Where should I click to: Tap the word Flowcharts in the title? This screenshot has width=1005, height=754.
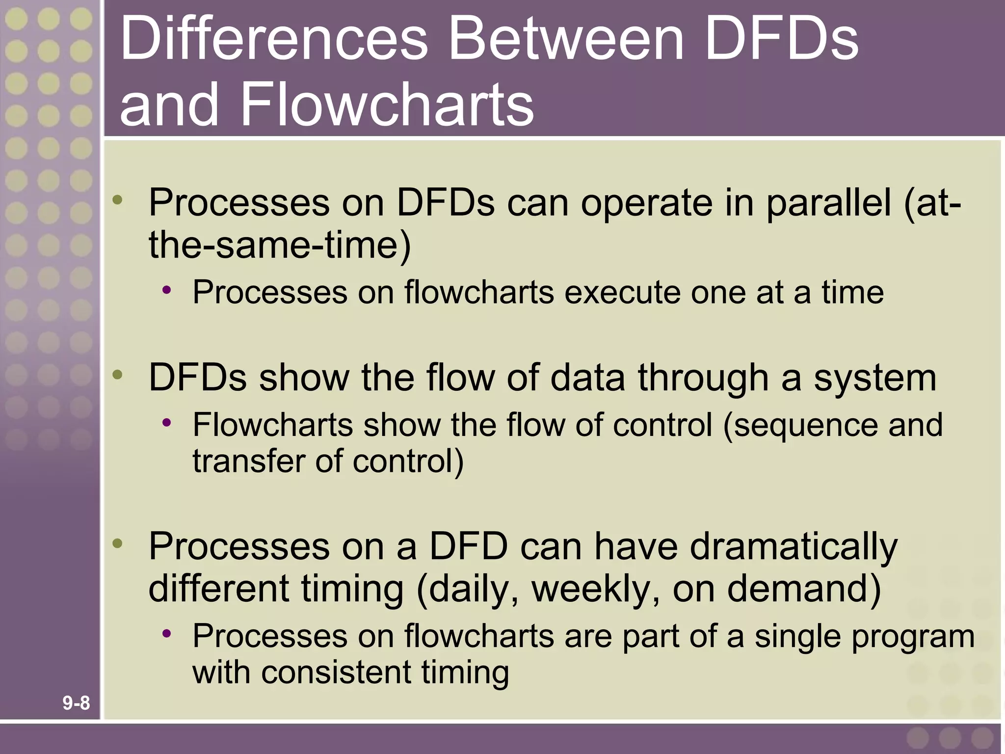386,104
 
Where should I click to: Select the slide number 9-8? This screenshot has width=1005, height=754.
76,703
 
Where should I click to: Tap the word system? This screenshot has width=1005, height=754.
875,378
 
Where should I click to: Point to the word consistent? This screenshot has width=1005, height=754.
336,673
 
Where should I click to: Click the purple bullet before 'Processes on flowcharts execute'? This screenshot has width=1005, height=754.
167,290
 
